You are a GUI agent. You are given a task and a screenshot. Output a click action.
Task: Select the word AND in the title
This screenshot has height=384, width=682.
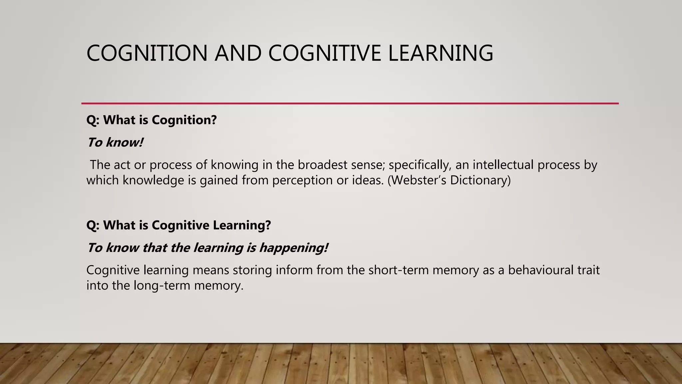click(x=238, y=53)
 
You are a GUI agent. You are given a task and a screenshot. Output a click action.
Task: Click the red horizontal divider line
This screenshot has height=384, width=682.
click(x=350, y=103)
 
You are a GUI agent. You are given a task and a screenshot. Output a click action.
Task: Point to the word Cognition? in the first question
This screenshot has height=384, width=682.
click(x=184, y=120)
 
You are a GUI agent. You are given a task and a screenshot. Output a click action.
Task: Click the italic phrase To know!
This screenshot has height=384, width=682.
click(x=115, y=142)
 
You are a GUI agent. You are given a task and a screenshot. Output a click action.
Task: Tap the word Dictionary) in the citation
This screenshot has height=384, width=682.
click(x=480, y=180)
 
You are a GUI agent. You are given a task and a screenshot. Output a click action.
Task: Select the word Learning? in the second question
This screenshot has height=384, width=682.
click(x=242, y=225)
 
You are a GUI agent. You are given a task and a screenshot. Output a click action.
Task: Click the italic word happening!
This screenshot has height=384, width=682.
click(x=293, y=248)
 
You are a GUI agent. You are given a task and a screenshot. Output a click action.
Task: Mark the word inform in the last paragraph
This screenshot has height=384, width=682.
click(x=294, y=270)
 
